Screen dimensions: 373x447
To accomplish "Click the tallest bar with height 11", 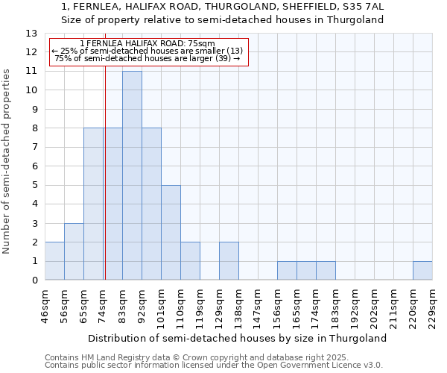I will tap(132, 175).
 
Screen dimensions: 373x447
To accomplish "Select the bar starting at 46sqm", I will tap(54, 261).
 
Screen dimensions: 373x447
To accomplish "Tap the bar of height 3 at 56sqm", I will tap(74, 251).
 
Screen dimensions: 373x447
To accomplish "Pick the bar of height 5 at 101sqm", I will tap(171, 233).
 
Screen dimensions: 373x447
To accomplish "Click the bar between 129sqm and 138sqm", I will tap(229, 261).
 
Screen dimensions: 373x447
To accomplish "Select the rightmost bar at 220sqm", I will tap(422, 271).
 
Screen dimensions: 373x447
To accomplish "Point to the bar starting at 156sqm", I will tap(287, 271).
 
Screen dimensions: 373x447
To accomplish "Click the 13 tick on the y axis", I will tap(31, 34).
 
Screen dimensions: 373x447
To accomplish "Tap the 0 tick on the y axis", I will tap(34, 280).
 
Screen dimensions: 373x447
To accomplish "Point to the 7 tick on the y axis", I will tap(34, 148).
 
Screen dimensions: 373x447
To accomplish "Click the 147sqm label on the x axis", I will tap(258, 306).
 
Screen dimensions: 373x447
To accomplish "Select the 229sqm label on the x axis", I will tap(432, 306).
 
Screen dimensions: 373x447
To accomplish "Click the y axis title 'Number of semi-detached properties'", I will tap(7, 160).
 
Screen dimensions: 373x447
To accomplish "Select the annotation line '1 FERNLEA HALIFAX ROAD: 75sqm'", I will tap(147, 43).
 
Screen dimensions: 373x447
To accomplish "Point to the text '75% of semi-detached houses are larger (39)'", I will tap(147, 59).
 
